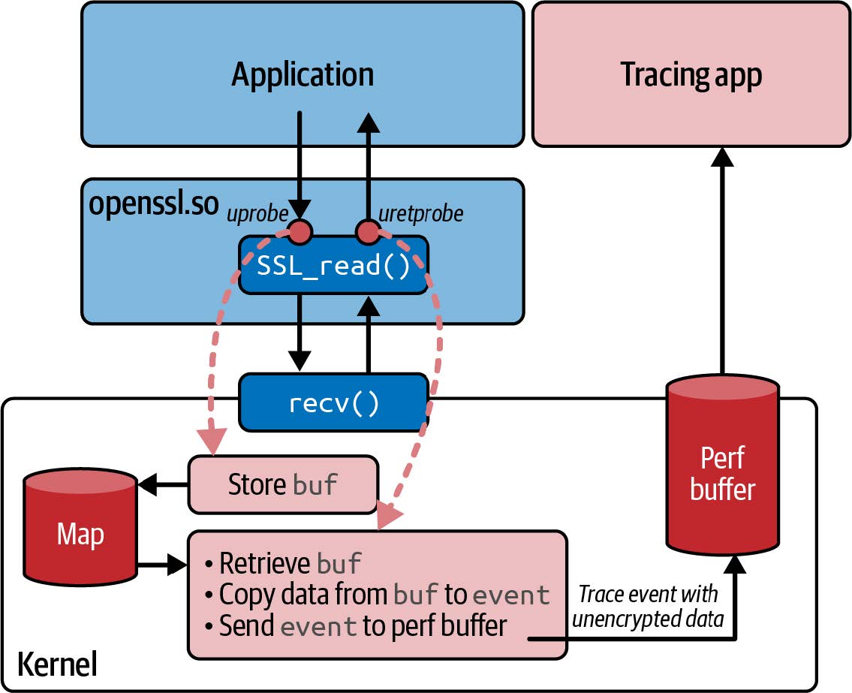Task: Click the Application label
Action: [x=303, y=75]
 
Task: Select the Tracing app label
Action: [x=691, y=75]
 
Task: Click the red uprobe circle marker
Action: [x=300, y=232]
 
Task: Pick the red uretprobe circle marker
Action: [x=368, y=232]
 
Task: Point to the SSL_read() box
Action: [x=333, y=266]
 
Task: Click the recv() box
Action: [x=333, y=402]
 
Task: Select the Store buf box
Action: [x=282, y=484]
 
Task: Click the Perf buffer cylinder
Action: [x=722, y=481]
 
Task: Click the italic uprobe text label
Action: [x=257, y=215]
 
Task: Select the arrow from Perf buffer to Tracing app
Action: [x=722, y=263]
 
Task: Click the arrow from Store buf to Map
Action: [x=162, y=484]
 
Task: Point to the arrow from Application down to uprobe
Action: [x=300, y=165]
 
